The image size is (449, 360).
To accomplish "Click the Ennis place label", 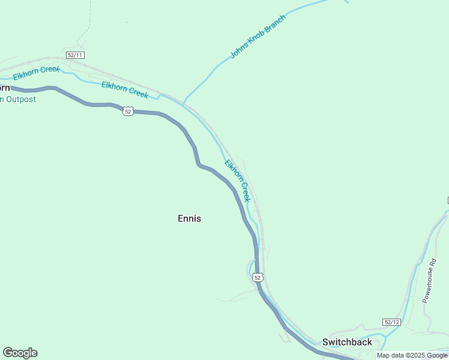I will [189, 218].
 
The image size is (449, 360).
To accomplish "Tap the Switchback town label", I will [347, 342].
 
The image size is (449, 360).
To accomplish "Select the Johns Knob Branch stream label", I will [258, 37].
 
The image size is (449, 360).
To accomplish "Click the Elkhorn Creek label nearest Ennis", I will [237, 180].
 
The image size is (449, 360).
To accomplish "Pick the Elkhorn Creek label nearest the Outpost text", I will [37, 74].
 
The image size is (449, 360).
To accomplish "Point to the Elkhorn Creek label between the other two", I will [124, 89].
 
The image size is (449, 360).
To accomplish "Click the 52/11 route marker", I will [76, 55].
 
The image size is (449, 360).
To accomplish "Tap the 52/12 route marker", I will [391, 322].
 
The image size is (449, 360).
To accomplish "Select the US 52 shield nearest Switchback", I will [258, 277].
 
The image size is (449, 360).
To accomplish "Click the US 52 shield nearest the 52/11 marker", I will [128, 111].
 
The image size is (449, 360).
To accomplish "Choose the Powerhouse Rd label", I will [431, 280].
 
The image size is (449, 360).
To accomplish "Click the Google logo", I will [20, 353].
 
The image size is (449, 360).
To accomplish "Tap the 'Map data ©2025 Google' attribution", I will [412, 355].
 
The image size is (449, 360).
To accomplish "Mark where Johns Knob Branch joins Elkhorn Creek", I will [184, 102].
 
